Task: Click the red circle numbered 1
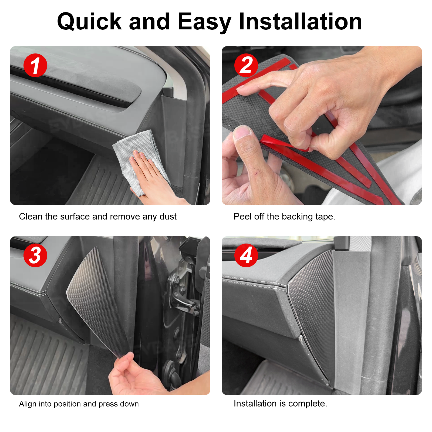35,65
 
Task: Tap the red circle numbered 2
246,65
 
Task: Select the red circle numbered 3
35,255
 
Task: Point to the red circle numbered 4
246,255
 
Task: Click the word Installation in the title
300,22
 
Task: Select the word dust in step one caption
168,217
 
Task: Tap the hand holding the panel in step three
135,375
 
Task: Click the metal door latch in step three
184,297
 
